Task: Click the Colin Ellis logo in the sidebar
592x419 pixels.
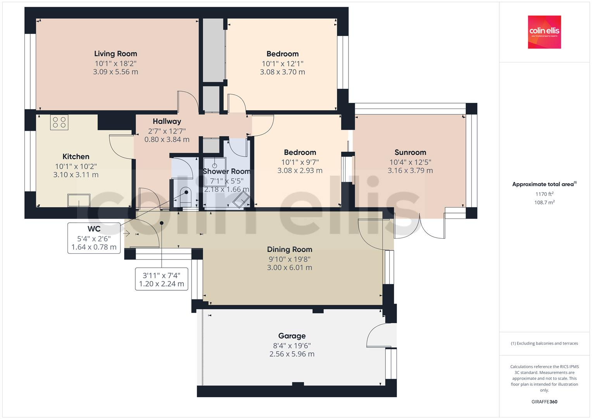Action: coord(544,32)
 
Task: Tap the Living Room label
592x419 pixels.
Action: coord(116,54)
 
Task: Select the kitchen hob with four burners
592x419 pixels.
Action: coord(59,122)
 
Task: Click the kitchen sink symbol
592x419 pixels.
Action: coord(79,200)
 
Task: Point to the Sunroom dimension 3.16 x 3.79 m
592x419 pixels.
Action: coord(410,170)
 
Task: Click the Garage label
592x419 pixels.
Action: coord(292,336)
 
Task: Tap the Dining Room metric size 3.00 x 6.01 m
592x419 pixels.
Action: coord(289,267)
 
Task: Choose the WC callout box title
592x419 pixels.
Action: coord(94,229)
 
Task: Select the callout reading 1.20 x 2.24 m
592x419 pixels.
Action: coord(161,284)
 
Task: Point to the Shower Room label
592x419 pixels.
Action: coord(226,171)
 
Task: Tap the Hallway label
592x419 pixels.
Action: coord(167,121)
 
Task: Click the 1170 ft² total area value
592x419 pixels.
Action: coord(544,194)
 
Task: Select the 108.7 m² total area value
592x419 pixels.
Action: coord(544,202)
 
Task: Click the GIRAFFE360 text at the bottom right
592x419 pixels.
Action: coord(544,402)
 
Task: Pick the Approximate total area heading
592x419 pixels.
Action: coord(544,184)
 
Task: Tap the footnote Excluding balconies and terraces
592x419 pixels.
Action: coord(544,343)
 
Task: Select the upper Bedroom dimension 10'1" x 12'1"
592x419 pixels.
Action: coord(282,63)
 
